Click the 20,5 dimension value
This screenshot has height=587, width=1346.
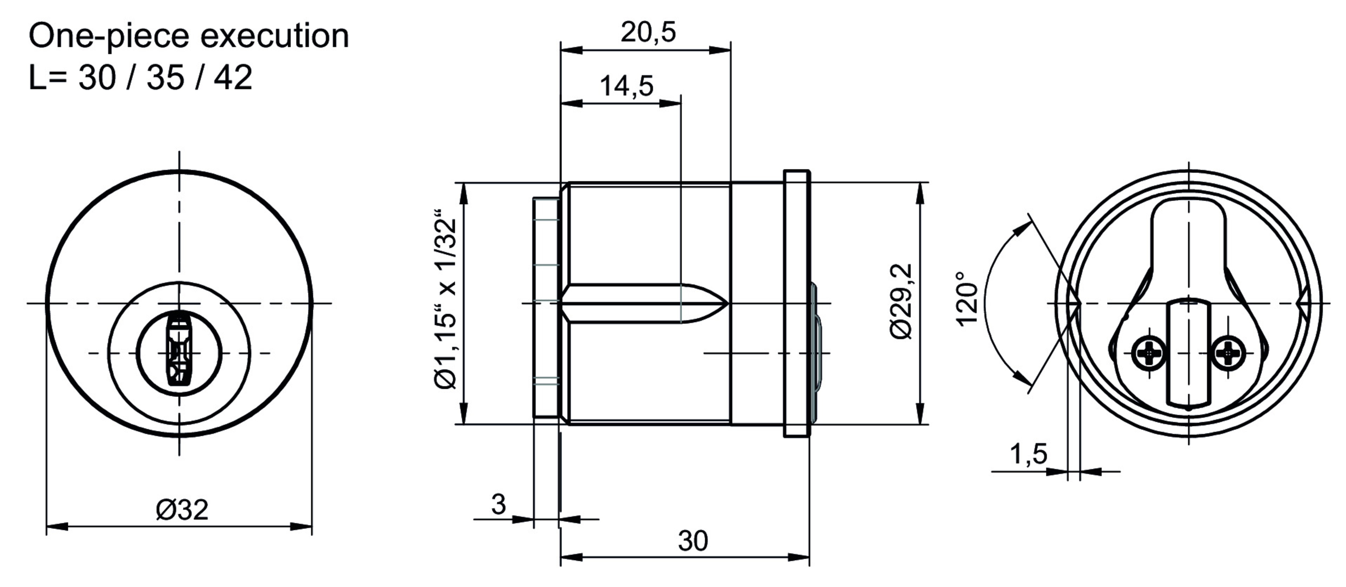(x=648, y=32)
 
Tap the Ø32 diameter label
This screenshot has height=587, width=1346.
(x=182, y=510)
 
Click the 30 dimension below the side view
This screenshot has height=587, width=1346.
(x=693, y=541)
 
